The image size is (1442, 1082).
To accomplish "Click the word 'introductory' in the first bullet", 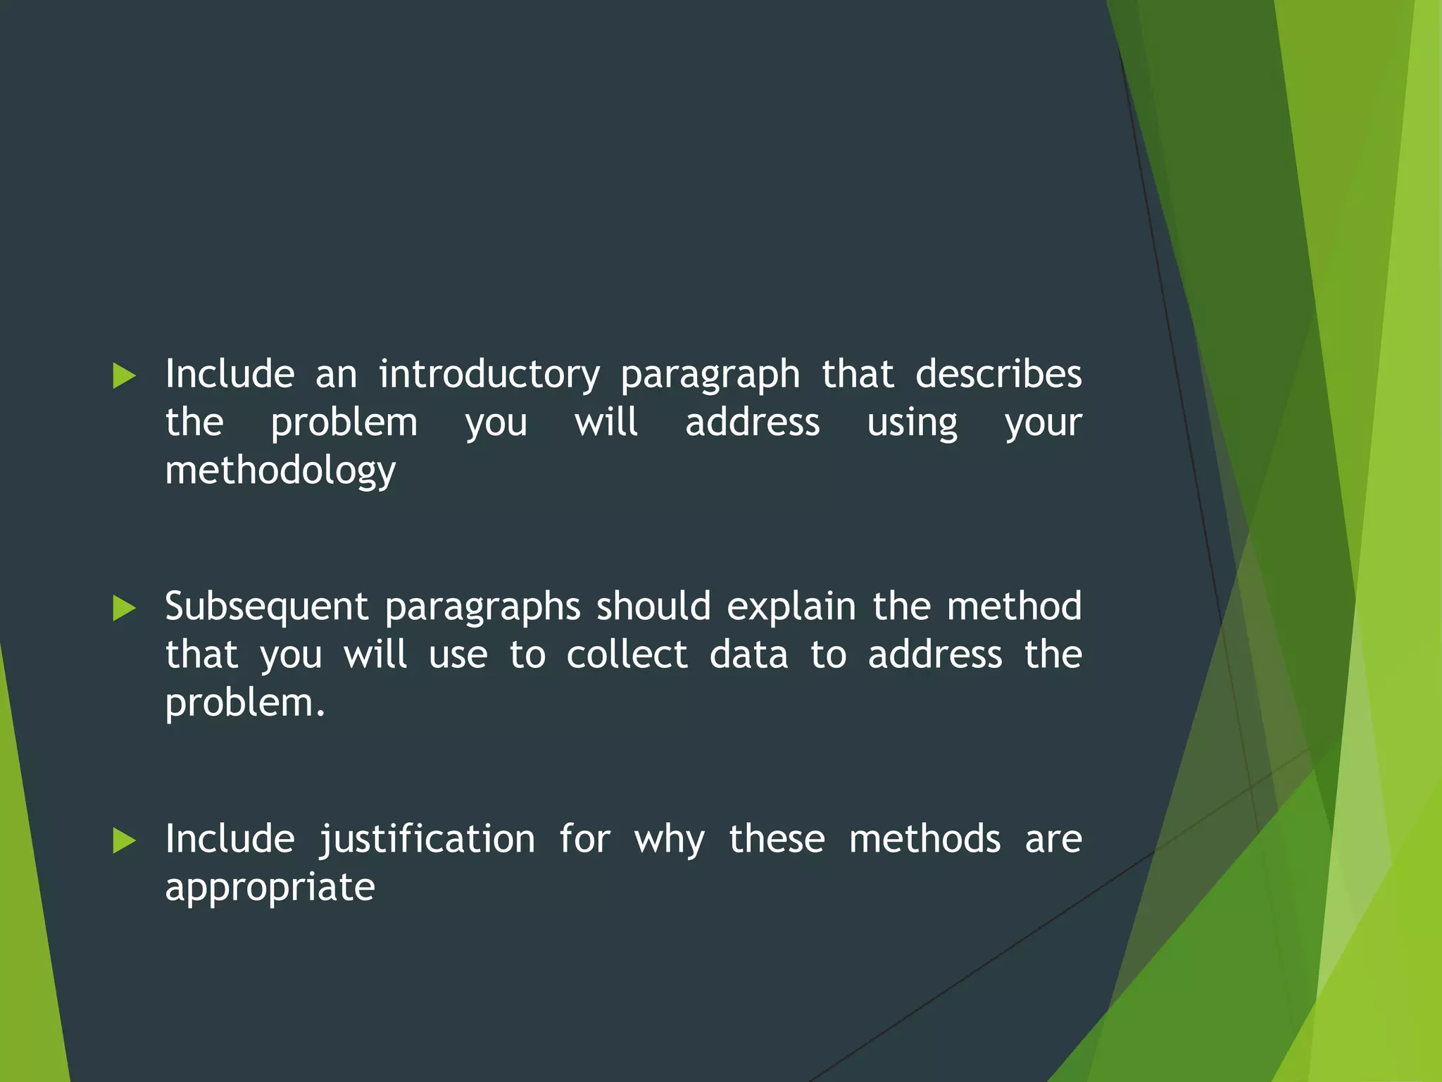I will coord(489,374).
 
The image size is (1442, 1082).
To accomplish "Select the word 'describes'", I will coord(998,374).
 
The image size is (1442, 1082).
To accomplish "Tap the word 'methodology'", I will coord(280,471).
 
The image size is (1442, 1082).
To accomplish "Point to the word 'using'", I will coord(912,423).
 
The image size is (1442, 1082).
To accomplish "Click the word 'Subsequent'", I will coord(266,607).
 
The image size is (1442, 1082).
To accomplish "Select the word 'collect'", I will coord(627,655).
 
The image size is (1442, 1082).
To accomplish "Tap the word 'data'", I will coord(748,655).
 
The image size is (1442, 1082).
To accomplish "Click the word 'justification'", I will coord(427,840).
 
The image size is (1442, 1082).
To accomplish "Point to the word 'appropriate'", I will coord(270,888).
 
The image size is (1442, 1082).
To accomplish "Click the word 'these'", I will coord(777,840).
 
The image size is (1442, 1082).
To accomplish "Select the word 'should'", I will coord(653,607).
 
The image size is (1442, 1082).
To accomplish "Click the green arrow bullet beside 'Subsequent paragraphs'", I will coord(124,609).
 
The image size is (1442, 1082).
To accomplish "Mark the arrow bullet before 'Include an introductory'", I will coord(124,376).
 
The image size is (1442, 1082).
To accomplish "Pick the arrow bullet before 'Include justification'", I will coord(124,841).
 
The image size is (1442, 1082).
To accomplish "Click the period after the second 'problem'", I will coord(321,714).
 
